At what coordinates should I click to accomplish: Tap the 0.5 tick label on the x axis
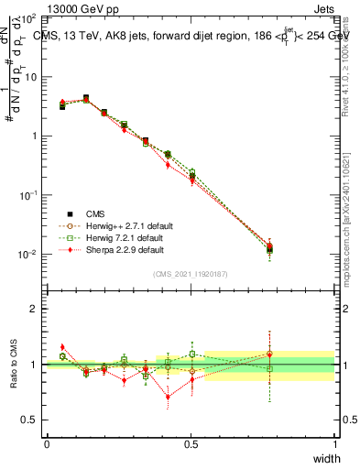191,444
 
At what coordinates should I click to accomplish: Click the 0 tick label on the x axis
46,444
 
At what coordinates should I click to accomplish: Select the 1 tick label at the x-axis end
334,444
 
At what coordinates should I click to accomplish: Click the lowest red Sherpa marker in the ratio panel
168,397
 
